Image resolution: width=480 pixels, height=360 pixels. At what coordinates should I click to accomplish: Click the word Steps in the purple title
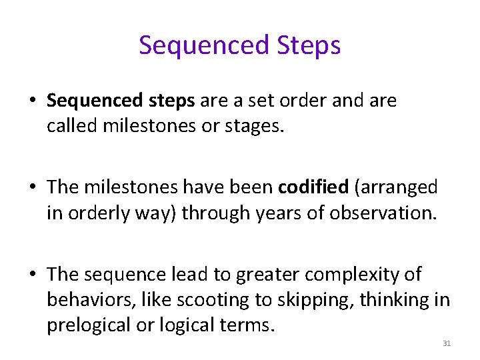point(307,45)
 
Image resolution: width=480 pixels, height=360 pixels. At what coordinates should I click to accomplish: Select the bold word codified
point(313,187)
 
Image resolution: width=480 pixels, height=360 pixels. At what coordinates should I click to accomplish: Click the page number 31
point(447,343)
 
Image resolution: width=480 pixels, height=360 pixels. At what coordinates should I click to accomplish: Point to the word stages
point(259,127)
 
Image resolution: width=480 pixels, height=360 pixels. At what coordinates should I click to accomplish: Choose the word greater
point(265,274)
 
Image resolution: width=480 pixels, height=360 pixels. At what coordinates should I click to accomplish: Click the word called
point(72,127)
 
